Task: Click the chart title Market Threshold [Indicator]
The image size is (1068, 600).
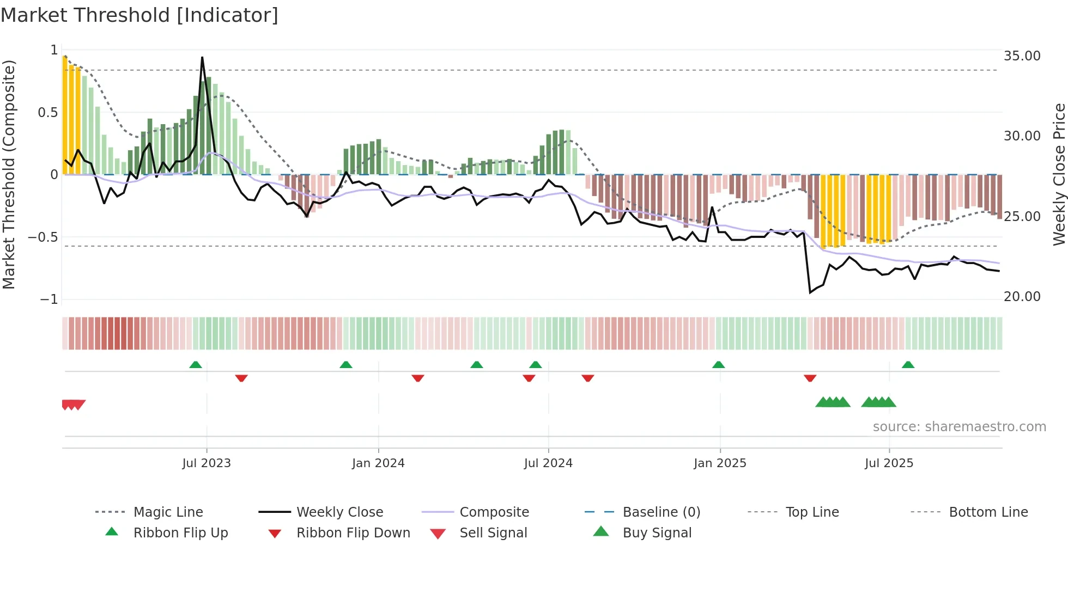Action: pyautogui.click(x=139, y=15)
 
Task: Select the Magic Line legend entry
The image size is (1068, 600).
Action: pyautogui.click(x=168, y=512)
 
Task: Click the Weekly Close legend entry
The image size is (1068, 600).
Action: pyautogui.click(x=339, y=512)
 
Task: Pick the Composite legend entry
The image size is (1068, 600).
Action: pyautogui.click(x=494, y=512)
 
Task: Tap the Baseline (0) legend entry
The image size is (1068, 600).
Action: pyautogui.click(x=661, y=512)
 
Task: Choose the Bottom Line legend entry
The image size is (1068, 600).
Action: pyautogui.click(x=988, y=512)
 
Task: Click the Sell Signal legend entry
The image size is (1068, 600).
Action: pyautogui.click(x=493, y=533)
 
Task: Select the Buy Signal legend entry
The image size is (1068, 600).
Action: pyautogui.click(x=657, y=533)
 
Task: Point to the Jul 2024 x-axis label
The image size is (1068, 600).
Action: pyautogui.click(x=548, y=463)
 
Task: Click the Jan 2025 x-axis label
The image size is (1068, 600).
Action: pyautogui.click(x=720, y=463)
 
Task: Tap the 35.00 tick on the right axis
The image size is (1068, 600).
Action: pyautogui.click(x=1022, y=56)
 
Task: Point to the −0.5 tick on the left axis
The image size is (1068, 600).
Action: pyautogui.click(x=43, y=237)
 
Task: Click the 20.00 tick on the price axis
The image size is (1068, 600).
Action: pyautogui.click(x=1022, y=297)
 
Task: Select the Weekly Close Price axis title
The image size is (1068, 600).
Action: pyautogui.click(x=1059, y=174)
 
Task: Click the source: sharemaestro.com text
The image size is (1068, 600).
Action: pyautogui.click(x=959, y=427)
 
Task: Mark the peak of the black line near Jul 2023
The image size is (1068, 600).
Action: pyautogui.click(x=202, y=57)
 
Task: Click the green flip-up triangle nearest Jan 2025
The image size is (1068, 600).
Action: pyautogui.click(x=718, y=365)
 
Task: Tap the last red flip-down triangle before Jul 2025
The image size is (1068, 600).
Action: pyautogui.click(x=810, y=378)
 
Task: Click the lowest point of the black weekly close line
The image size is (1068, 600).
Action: pyautogui.click(x=810, y=292)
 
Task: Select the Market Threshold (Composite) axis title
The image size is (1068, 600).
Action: pyautogui.click(x=9, y=174)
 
